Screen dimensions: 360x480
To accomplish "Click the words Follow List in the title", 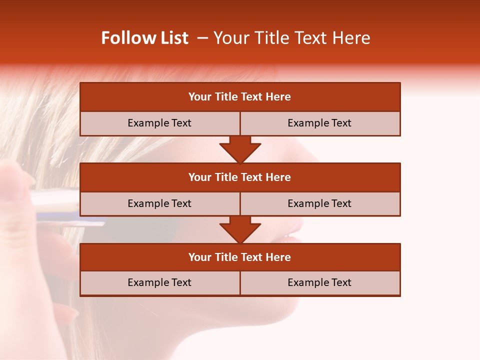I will (144, 38).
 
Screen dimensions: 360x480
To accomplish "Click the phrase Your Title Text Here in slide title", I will (292, 38).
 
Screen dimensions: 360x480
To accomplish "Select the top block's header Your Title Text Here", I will (239, 97).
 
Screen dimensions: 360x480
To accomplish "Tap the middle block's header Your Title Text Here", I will (239, 177).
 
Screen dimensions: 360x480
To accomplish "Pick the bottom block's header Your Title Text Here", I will (239, 257).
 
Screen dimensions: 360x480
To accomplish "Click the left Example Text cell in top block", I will (159, 123).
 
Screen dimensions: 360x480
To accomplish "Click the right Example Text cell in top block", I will (319, 123).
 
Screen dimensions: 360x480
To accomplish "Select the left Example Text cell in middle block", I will (159, 204).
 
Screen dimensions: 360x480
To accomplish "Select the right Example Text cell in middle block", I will (319, 204).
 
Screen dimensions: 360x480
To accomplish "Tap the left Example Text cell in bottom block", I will (159, 283).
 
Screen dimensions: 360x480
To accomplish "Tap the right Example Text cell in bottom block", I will (319, 283).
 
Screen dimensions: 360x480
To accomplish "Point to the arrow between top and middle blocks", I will (240, 150).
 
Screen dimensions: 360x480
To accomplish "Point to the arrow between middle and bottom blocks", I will (240, 230).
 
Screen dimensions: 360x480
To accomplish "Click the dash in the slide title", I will (202, 38).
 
